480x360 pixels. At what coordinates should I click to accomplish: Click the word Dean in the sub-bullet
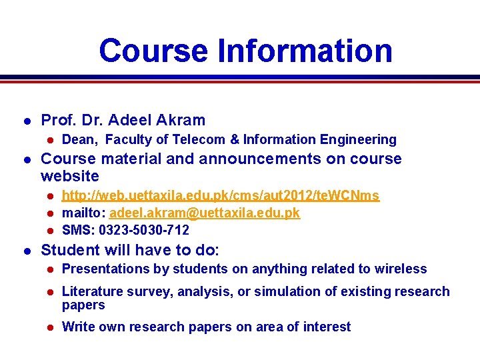(79, 139)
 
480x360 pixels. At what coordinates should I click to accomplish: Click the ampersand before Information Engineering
(234, 139)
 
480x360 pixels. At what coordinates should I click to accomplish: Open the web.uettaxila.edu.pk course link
(220, 195)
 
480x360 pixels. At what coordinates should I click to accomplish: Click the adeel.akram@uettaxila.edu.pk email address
(204, 213)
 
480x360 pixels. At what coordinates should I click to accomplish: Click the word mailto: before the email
(83, 213)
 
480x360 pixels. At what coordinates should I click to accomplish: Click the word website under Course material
(69, 176)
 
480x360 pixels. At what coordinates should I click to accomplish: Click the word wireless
(401, 269)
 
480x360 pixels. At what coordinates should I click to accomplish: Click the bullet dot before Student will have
(26, 250)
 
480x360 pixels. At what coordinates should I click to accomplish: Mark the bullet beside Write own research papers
(49, 327)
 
